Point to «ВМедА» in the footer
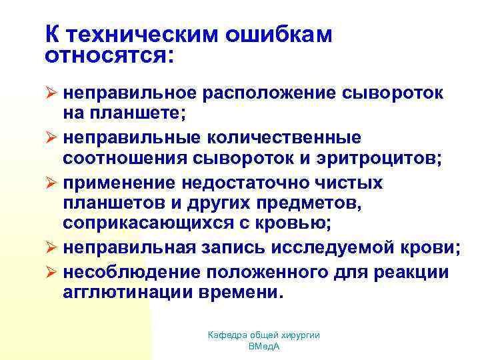tap(264, 347)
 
